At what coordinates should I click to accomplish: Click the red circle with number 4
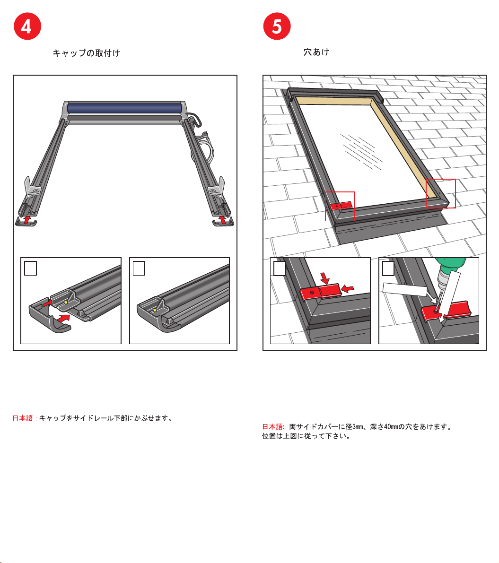pos(27,26)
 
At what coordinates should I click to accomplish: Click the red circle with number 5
pos(277,26)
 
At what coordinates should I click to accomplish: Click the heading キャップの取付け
pos(86,53)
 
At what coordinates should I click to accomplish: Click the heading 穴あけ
pos(316,52)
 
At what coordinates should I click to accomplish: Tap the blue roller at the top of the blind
pos(124,108)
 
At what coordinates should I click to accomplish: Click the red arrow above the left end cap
pos(27,219)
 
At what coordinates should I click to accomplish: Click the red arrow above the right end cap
pos(223,219)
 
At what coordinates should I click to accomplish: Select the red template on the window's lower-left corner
pos(341,206)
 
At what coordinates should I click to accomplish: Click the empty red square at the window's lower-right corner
pos(440,193)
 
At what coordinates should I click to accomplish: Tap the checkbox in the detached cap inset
pos(31,268)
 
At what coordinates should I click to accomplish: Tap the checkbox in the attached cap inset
pos(139,268)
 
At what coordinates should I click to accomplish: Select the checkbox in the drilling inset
pos(388,268)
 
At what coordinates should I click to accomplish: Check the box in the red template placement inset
pos(280,268)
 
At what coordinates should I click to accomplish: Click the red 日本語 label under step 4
pos(23,418)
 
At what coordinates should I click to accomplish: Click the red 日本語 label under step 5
pos(273,427)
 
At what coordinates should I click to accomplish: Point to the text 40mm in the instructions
pos(391,427)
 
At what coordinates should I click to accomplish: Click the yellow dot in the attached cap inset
pos(155,310)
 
